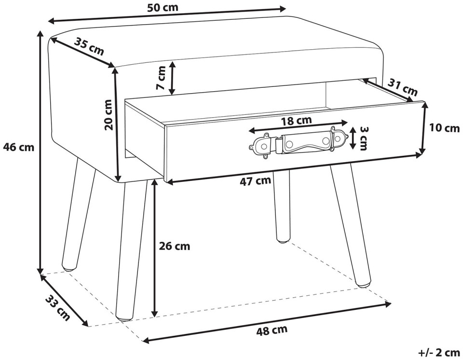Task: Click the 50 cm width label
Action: pos(163,7)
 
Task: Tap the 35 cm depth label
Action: pos(89,46)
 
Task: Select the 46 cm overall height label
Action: pos(18,147)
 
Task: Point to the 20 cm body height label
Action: pos(109,115)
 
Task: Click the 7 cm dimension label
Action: pos(161,78)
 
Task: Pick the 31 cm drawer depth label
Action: pos(402,87)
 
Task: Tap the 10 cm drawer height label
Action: pos(444,128)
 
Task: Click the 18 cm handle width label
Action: pos(296,121)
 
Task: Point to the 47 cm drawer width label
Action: pos(255,181)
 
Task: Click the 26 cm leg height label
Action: pos(175,246)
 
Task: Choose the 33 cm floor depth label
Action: pos(58,308)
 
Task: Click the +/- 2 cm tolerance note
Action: pos(439,353)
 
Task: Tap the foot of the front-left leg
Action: pos(124,318)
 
